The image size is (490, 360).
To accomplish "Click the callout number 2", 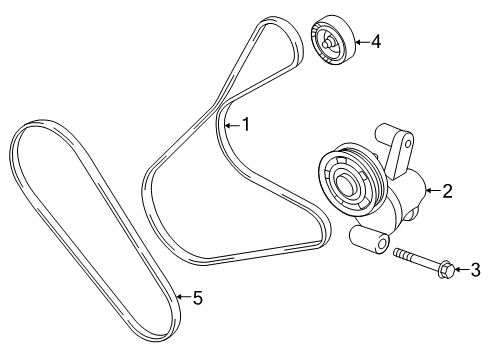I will (x=449, y=188).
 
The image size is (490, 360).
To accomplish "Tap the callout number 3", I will (x=476, y=268).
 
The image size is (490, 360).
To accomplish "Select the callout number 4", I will (x=375, y=42).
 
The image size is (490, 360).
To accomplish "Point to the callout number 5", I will (x=197, y=296).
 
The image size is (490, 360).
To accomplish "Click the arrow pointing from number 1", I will (x=231, y=125).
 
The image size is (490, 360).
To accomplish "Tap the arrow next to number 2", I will (x=433, y=188).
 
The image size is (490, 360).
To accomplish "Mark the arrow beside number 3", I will (x=462, y=268).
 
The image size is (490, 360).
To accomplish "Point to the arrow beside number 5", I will (x=182, y=296).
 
